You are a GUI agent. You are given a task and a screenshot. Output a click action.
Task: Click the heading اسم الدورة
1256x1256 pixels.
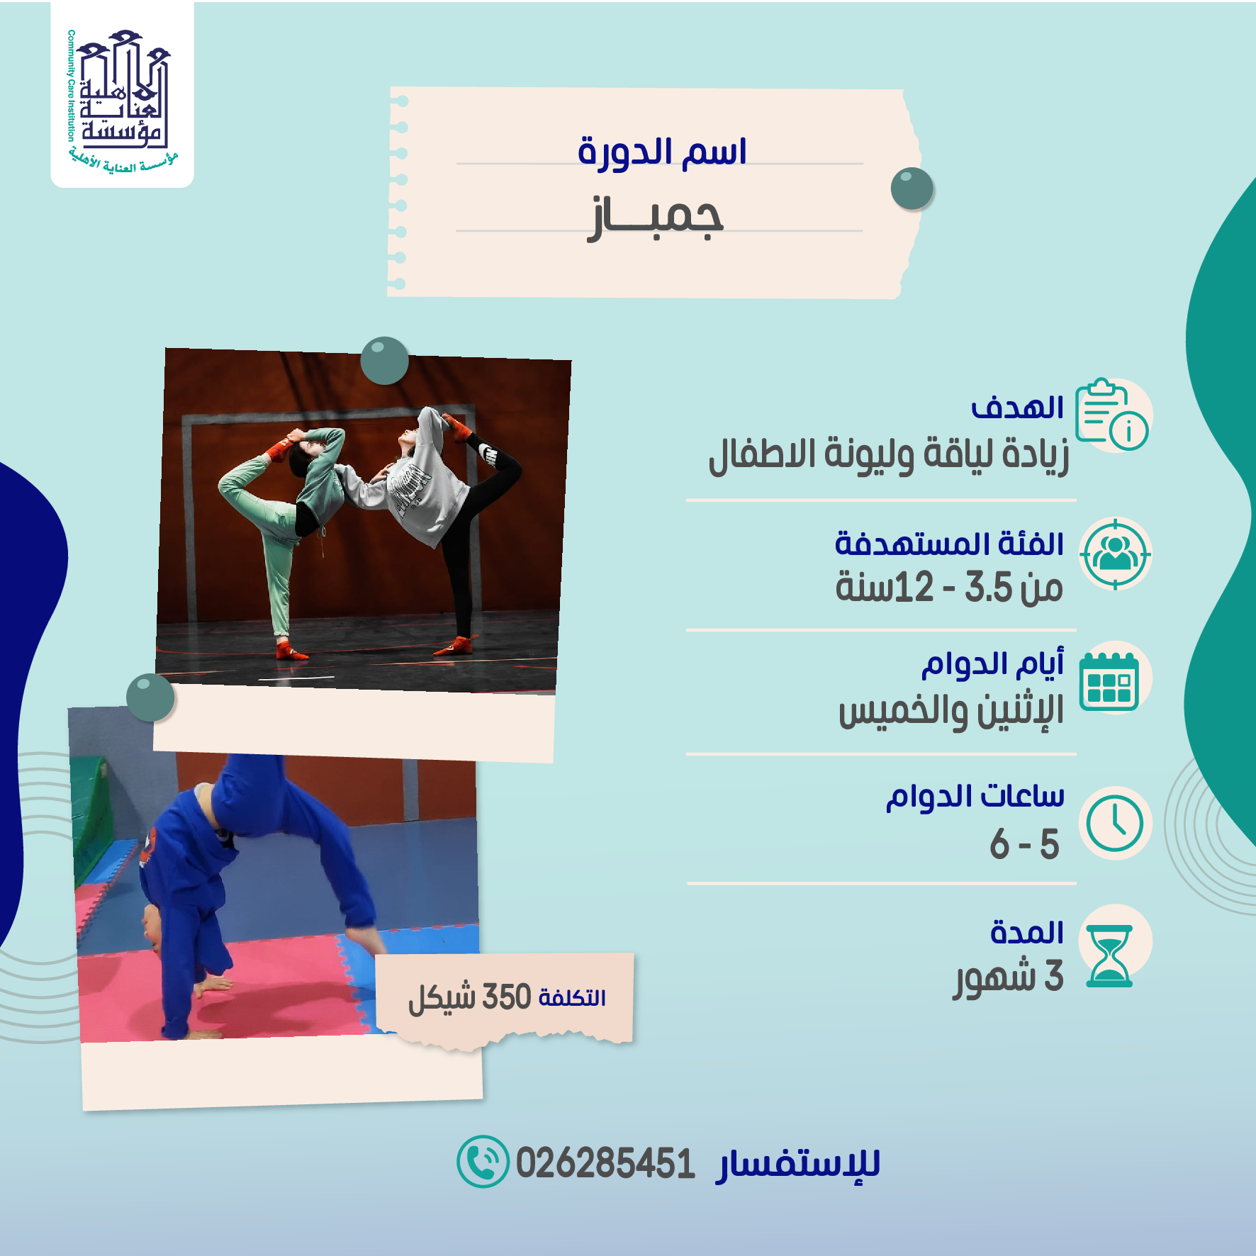[x=662, y=152]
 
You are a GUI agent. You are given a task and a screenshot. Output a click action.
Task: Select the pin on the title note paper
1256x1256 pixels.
[x=912, y=189]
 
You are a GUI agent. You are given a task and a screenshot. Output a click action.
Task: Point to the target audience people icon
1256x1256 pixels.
[x=1115, y=554]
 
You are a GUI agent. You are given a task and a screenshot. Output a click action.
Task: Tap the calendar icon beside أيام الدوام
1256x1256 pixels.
[x=1110, y=680]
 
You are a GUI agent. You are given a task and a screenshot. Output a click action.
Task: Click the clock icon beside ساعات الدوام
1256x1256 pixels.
[x=1115, y=823]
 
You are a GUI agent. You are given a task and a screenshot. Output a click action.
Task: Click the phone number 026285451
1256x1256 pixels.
[x=605, y=1164]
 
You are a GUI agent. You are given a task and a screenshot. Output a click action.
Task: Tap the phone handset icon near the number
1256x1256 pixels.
[x=483, y=1162]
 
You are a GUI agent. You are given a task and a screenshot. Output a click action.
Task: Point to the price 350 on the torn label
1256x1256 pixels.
[x=507, y=997]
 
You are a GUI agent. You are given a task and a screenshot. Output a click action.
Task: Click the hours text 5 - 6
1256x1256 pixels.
[x=1024, y=844]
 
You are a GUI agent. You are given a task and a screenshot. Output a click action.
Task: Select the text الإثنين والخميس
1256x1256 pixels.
[x=951, y=711]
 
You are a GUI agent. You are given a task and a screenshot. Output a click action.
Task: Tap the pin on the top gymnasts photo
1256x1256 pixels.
[x=384, y=361]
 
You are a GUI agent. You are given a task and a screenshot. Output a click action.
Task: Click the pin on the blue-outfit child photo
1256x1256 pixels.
[x=150, y=697]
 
